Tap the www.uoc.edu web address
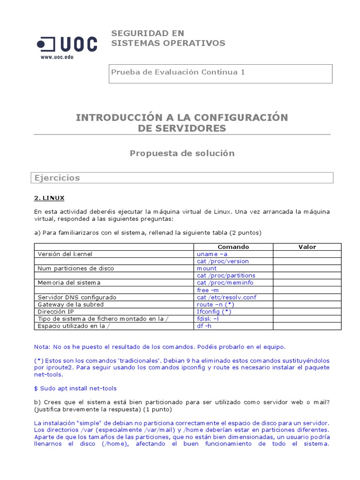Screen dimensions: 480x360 [x=57, y=57]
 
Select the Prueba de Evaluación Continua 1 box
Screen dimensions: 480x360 [x=220, y=74]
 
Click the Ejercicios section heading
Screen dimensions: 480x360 [x=57, y=178]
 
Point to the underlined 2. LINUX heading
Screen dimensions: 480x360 [x=49, y=198]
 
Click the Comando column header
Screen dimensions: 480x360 [x=233, y=247]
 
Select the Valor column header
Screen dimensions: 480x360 [x=307, y=247]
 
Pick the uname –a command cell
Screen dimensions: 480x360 [x=212, y=254]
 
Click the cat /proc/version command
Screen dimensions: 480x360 [x=223, y=261]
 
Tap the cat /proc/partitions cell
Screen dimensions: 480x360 [x=226, y=276]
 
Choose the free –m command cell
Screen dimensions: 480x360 [x=208, y=290]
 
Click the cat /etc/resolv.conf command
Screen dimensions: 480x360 [x=226, y=297]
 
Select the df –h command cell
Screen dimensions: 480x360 [x=204, y=326]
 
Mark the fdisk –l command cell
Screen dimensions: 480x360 [x=208, y=319]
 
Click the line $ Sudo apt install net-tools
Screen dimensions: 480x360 [x=75, y=388]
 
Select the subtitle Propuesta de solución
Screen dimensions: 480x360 [x=182, y=153]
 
